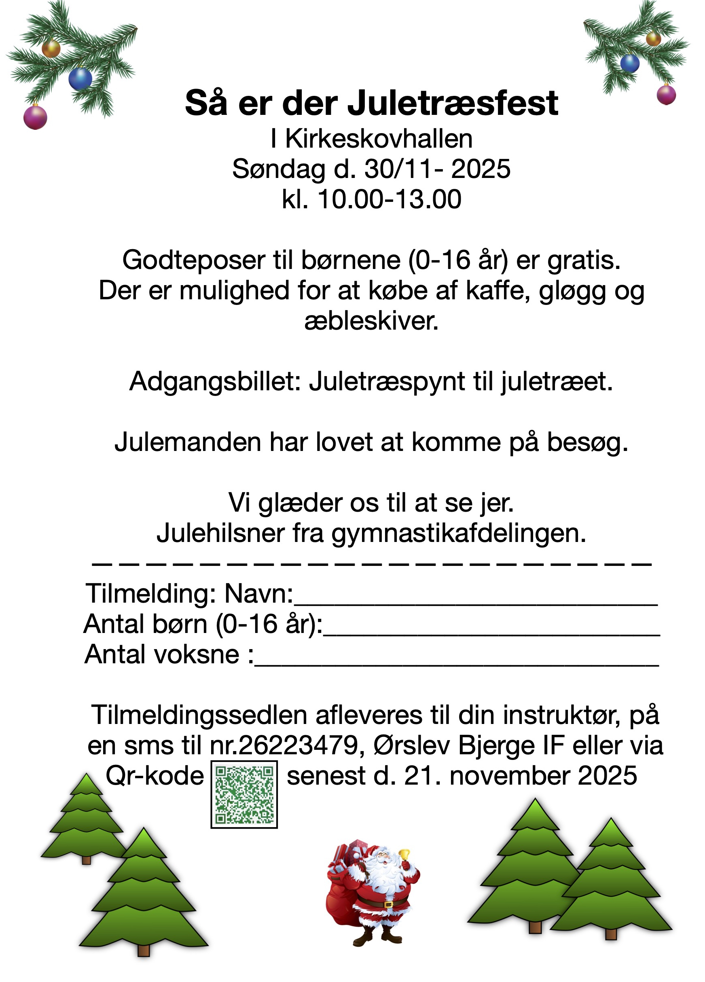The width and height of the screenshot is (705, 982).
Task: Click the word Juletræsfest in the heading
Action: click(453, 104)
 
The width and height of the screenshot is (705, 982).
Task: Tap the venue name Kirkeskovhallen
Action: click(379, 139)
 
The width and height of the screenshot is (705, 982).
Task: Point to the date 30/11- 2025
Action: click(437, 169)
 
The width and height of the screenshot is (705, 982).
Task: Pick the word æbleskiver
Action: click(372, 321)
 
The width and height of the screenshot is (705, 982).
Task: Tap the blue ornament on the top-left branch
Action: click(80, 79)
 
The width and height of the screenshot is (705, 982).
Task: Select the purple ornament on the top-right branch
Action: click(666, 95)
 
